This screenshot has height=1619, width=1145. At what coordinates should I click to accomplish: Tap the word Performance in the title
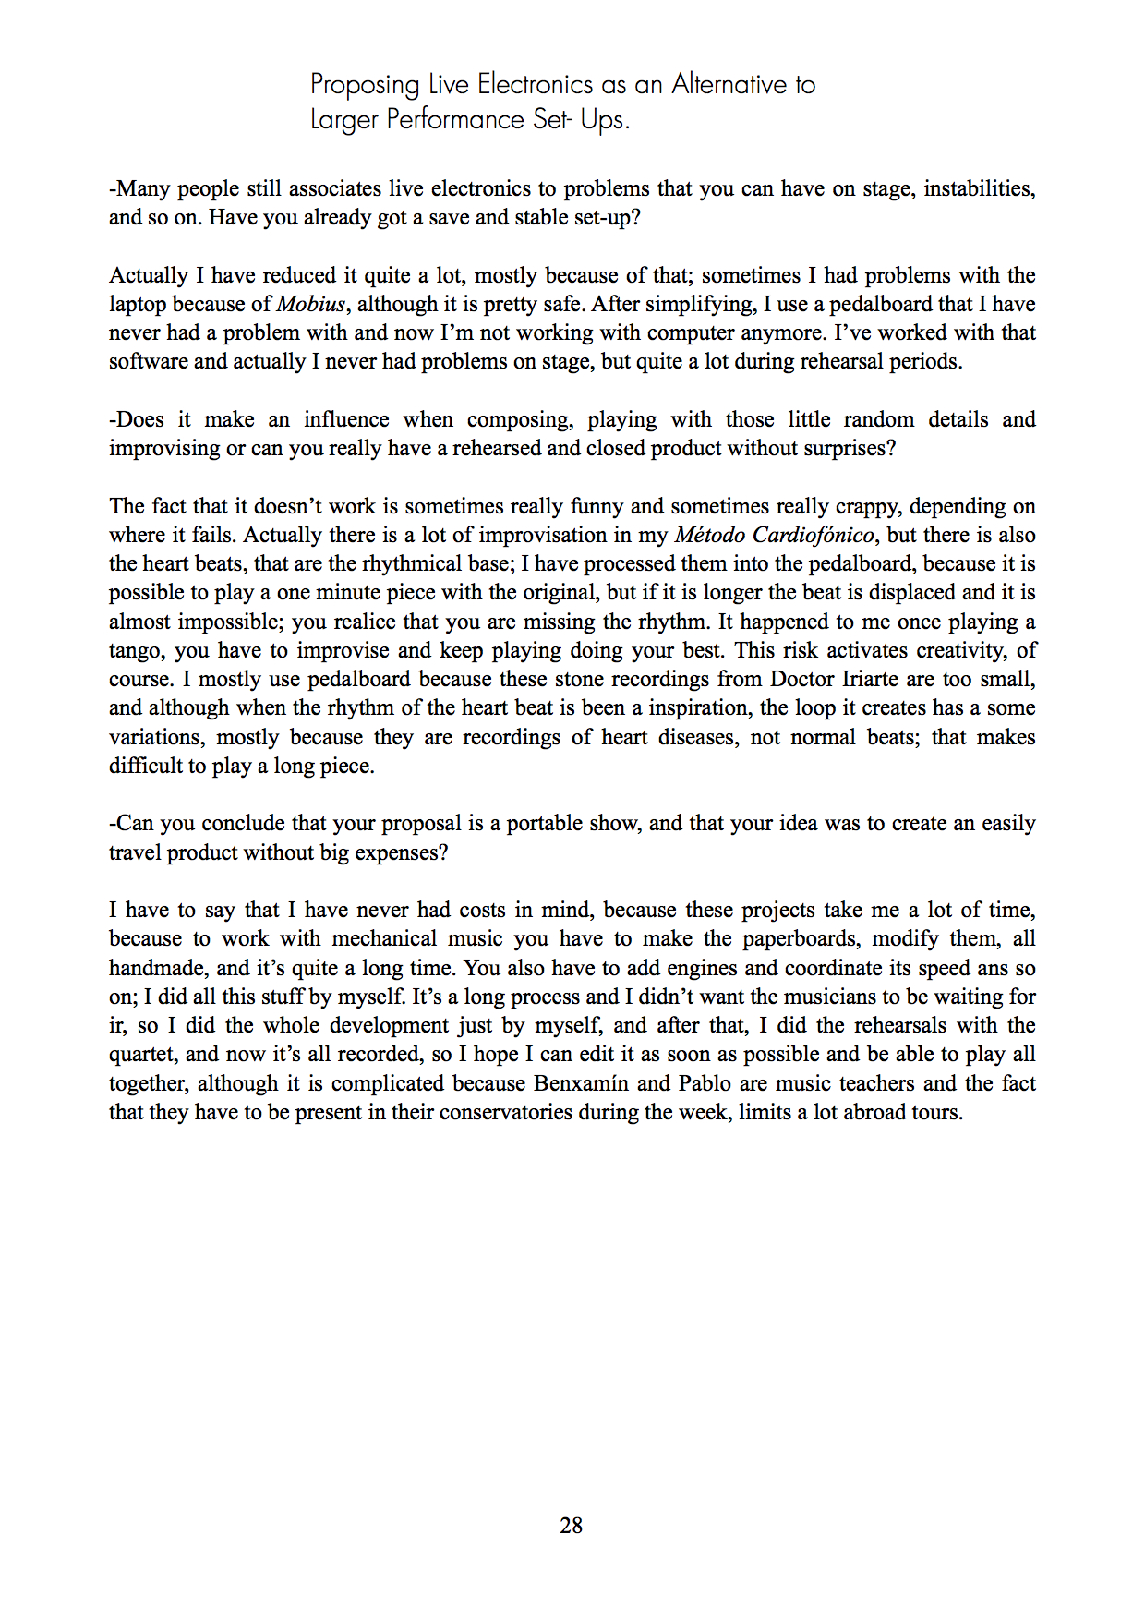pos(455,120)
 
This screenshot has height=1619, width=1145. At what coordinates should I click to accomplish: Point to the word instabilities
pos(979,188)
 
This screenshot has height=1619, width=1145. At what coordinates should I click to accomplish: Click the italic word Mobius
pos(311,304)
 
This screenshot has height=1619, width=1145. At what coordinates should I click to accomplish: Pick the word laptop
pos(138,304)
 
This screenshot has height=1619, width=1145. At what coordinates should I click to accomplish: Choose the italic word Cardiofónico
pos(813,535)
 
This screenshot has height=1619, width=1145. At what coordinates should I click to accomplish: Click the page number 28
pos(571,1526)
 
